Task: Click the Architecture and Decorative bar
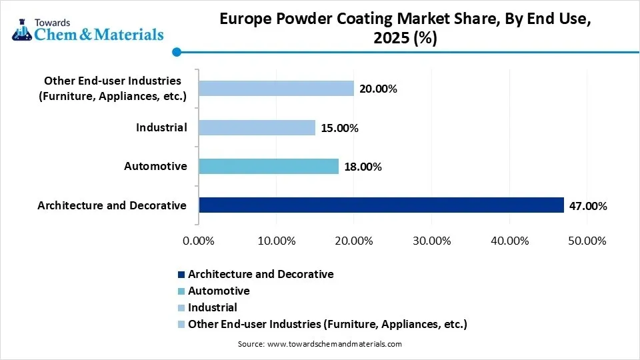[381, 205]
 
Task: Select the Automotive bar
[268, 167]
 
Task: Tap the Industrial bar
[257, 127]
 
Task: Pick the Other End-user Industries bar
[276, 89]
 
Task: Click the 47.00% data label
[587, 206]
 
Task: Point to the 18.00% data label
[362, 167]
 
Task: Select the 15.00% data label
[339, 128]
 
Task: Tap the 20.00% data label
[377, 89]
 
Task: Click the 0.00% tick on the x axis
[199, 241]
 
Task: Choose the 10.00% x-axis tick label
[276, 241]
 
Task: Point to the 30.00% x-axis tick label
[431, 241]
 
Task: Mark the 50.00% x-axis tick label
[587, 241]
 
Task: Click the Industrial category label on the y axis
[161, 127]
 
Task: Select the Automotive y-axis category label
[155, 166]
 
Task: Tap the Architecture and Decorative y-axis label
[112, 205]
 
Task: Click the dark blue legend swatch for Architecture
[181, 275]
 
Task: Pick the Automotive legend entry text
[219, 291]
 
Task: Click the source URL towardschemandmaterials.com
[334, 344]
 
